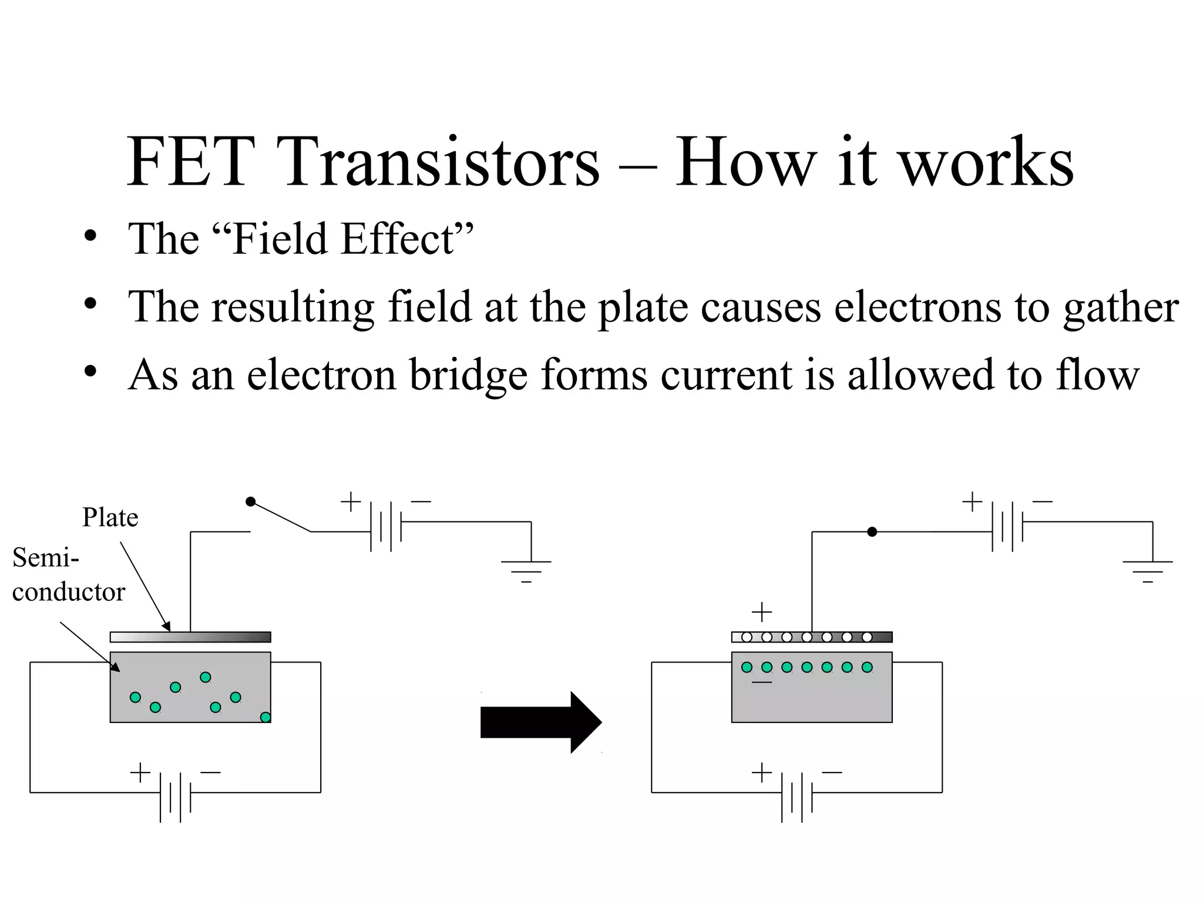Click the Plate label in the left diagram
click(110, 518)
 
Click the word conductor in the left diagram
click(69, 592)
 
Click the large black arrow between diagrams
click(540, 723)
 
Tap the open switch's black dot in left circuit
click(251, 501)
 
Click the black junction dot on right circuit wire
click(872, 532)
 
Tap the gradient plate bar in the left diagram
click(190, 637)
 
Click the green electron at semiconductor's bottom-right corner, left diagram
click(266, 717)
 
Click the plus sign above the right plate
click(762, 613)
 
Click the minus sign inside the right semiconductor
click(762, 682)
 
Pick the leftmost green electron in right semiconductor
click(747, 667)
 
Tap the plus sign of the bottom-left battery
click(140, 772)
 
